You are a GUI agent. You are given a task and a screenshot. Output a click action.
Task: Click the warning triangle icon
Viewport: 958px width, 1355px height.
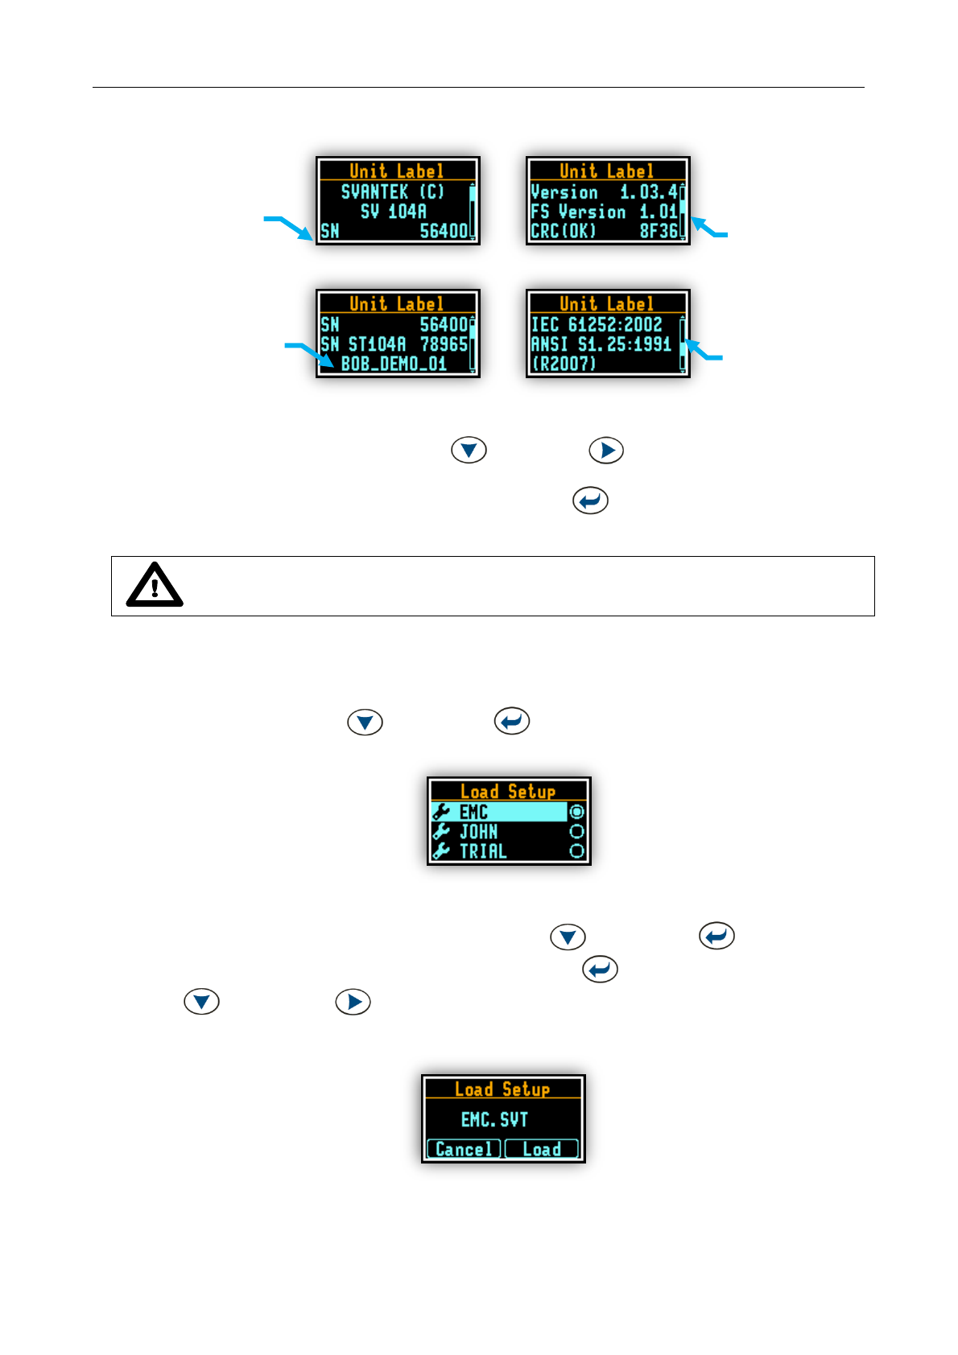155,585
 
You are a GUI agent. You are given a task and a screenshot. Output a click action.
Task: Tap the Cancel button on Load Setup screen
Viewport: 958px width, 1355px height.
463,1149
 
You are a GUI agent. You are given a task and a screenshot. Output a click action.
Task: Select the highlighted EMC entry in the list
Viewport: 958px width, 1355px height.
499,812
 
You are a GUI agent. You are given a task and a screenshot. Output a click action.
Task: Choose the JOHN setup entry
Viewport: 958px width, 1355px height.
478,831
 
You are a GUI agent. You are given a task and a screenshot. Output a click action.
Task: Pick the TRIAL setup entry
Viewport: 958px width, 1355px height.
483,850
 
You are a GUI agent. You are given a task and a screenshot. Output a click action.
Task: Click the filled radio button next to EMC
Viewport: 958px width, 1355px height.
576,812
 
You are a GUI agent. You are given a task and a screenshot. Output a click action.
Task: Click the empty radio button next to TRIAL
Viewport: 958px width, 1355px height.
576,850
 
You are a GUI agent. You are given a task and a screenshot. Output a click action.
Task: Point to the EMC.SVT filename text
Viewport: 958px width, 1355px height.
494,1119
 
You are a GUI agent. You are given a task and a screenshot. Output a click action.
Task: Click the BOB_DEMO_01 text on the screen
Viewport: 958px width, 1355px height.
394,364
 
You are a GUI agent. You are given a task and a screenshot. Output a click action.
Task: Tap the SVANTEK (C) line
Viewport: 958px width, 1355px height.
393,192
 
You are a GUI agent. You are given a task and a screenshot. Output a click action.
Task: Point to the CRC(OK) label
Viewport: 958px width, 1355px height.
564,231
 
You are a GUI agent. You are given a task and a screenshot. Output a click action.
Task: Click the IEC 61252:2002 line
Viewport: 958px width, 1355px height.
597,324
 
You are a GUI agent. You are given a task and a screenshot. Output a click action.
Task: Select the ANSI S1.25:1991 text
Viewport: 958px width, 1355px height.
601,344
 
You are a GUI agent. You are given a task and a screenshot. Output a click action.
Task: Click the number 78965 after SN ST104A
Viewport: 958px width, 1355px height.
444,344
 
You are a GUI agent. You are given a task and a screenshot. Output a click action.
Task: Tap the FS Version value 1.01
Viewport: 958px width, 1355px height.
659,212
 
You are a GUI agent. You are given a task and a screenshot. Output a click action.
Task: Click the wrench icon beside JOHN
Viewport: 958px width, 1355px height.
441,831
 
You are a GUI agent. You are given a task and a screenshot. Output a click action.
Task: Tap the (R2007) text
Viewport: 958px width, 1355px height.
564,364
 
